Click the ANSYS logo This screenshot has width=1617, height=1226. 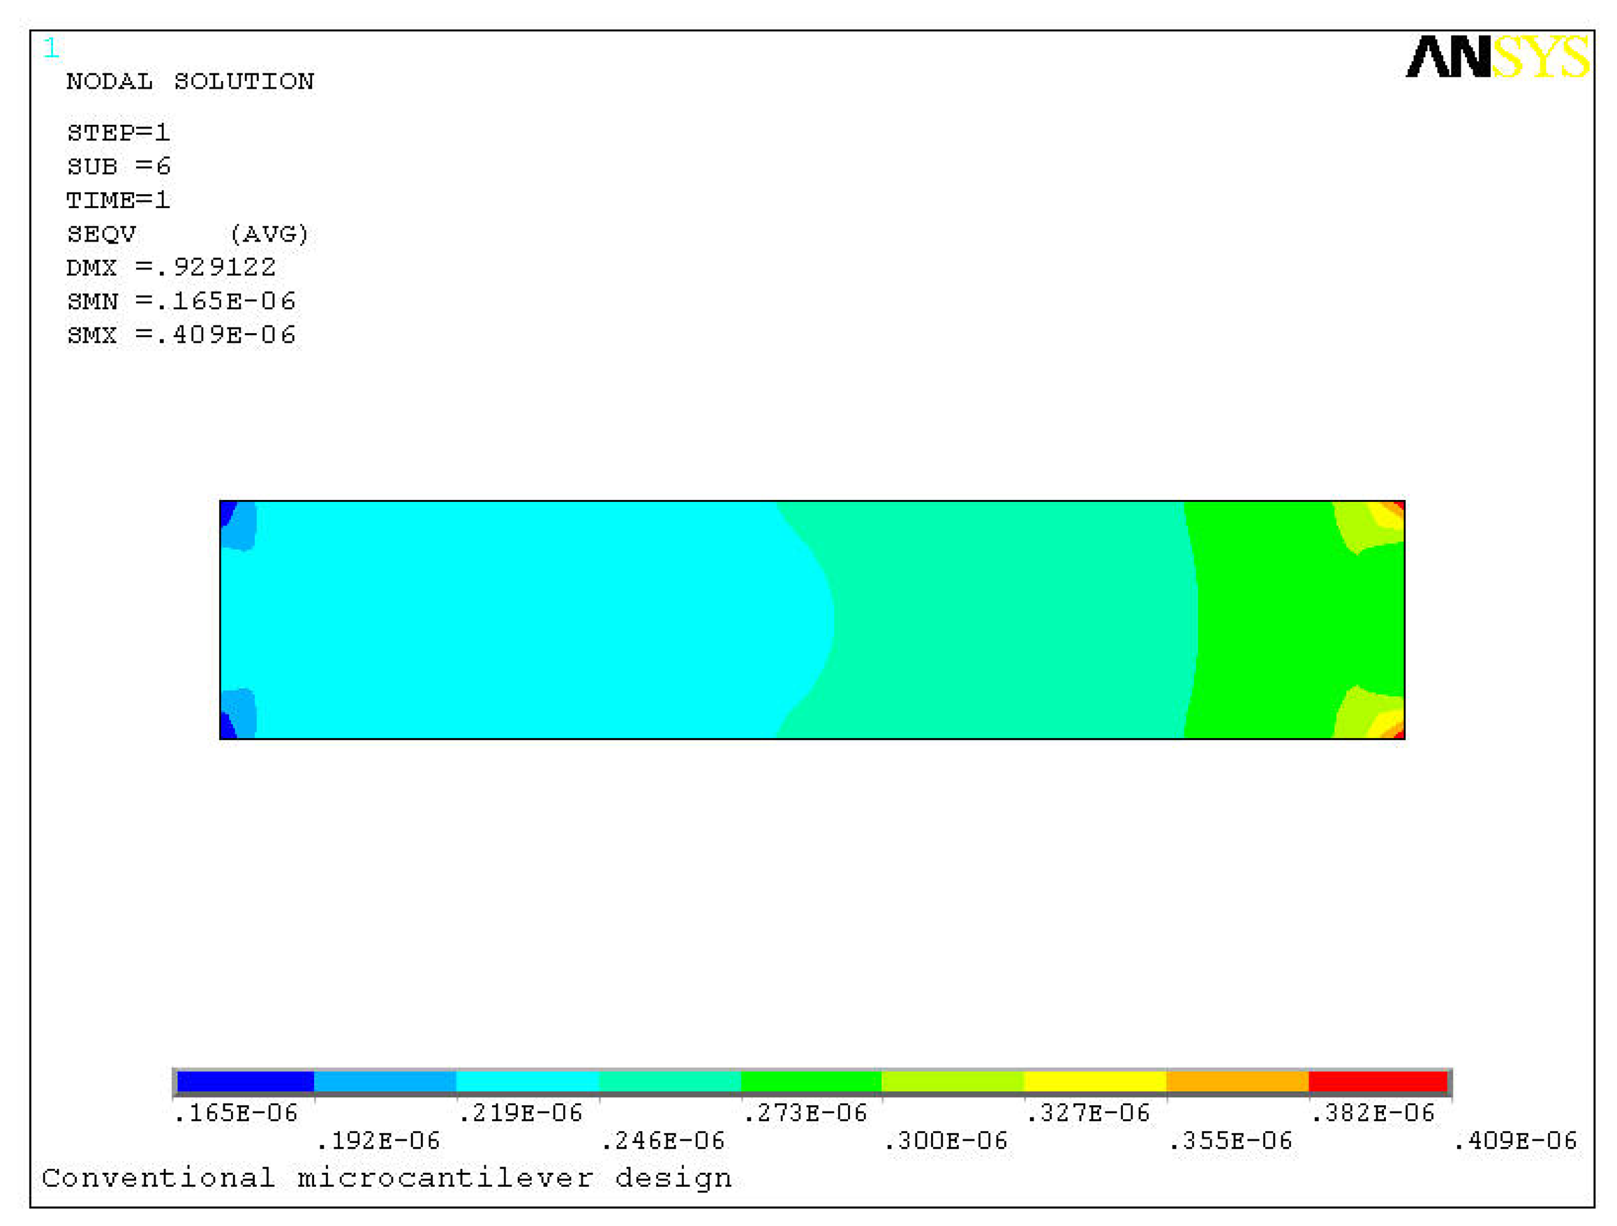pos(1496,57)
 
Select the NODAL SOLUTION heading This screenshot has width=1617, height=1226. pos(190,81)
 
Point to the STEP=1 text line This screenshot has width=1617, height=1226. pos(119,133)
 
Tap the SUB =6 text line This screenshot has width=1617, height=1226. pos(119,167)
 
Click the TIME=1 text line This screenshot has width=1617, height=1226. pos(119,200)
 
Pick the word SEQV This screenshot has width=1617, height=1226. pos(102,234)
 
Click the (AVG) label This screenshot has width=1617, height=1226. pos(269,234)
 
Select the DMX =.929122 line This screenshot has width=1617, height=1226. pos(171,267)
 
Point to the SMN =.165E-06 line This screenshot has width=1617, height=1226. pos(181,302)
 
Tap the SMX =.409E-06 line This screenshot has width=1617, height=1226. pos(181,335)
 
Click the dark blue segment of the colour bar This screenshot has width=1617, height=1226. pos(246,1081)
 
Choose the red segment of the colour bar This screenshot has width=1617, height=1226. pos(1377,1081)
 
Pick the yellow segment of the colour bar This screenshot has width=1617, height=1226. pos(1095,1081)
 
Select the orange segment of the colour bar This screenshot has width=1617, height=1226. pos(1237,1081)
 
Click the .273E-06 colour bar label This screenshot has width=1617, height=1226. pos(805,1114)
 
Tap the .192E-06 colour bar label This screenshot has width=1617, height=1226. pos(378,1141)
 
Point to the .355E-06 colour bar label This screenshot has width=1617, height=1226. pos(1230,1141)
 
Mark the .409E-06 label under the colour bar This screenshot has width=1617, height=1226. pos(1514,1141)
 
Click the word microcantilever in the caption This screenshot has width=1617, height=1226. pos(445,1179)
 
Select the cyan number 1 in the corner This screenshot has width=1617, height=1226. pos(50,48)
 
